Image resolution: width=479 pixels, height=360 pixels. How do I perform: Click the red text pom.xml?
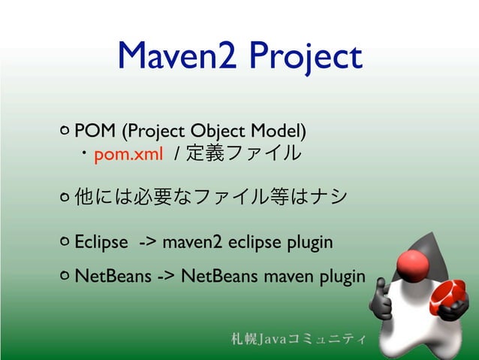tap(123, 155)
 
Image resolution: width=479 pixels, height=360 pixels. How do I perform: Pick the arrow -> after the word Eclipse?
tap(147, 242)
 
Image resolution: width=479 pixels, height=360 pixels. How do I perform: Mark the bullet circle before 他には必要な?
tap(64, 197)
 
